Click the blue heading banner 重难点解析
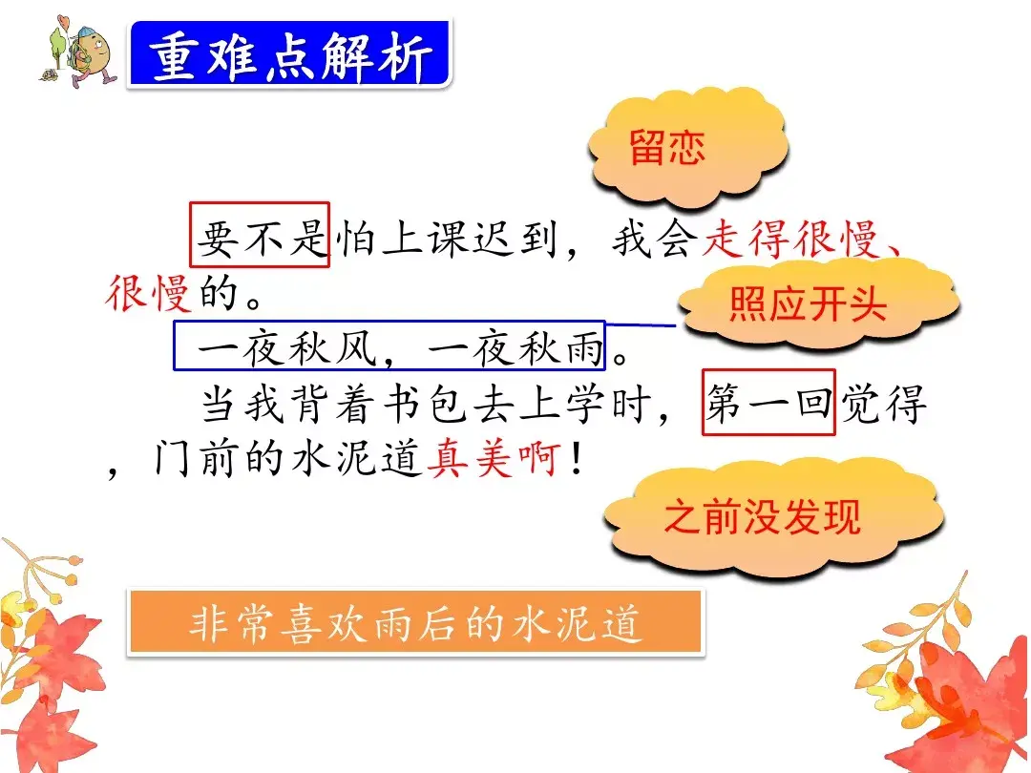pyautogui.click(x=288, y=55)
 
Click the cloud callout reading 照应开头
pyautogui.click(x=808, y=304)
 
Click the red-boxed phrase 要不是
pyautogui.click(x=260, y=235)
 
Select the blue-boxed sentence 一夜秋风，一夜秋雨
pyautogui.click(x=389, y=346)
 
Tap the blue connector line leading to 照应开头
pyautogui.click(x=642, y=325)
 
